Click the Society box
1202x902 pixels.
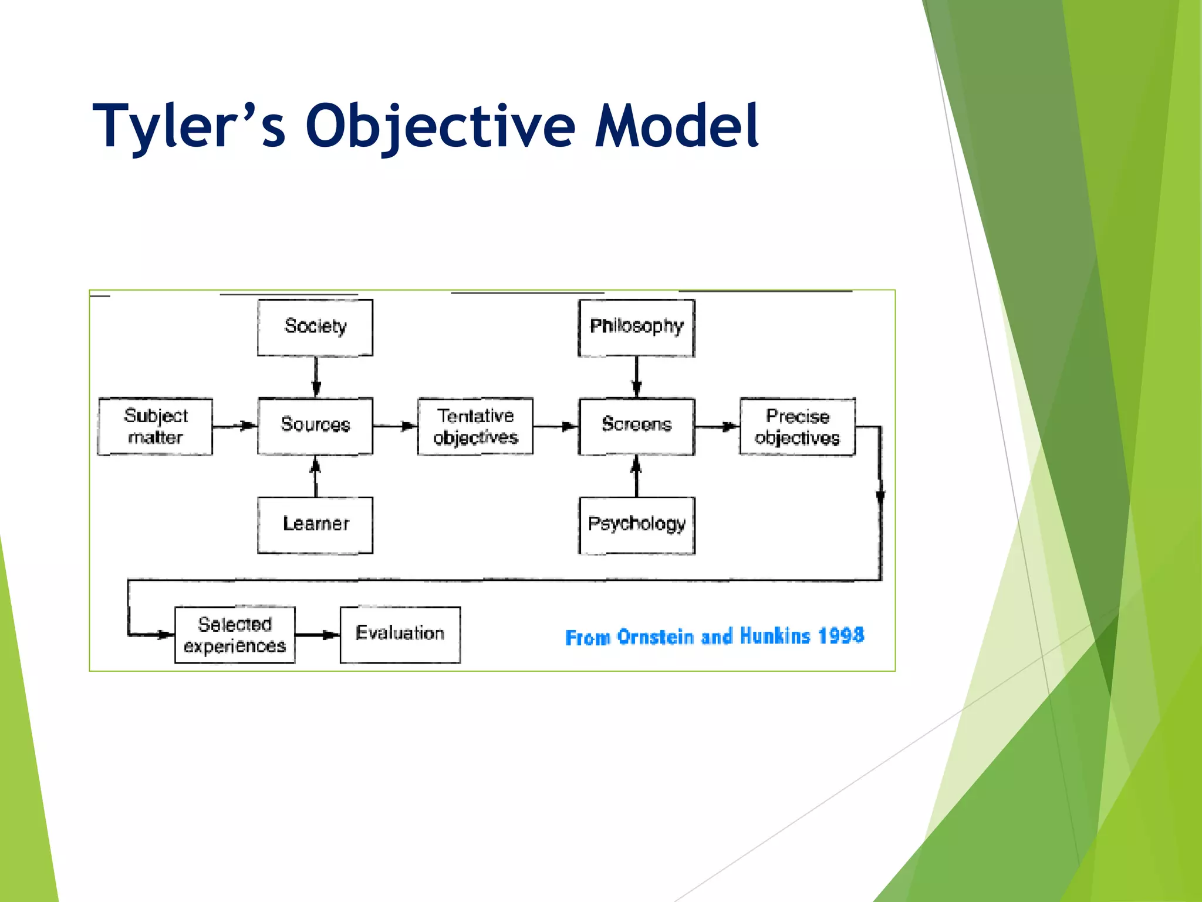coord(315,327)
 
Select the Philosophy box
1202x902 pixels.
coord(636,327)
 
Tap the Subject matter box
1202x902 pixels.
coord(155,426)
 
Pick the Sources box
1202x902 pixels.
coord(315,426)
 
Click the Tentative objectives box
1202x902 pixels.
coord(475,426)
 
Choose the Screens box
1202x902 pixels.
coord(636,426)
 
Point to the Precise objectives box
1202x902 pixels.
coord(797,427)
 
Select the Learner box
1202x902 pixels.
coord(315,524)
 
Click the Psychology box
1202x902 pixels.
coord(637,524)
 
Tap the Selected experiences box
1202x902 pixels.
coord(235,635)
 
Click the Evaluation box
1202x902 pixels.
coord(400,634)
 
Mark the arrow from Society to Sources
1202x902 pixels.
coord(316,376)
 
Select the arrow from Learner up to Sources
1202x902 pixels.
coord(316,476)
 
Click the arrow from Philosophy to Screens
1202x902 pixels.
coord(637,376)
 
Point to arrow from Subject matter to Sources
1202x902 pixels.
coord(235,426)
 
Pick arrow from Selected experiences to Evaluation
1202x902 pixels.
coord(318,635)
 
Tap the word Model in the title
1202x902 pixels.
coord(676,126)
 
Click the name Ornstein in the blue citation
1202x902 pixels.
coord(656,637)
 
